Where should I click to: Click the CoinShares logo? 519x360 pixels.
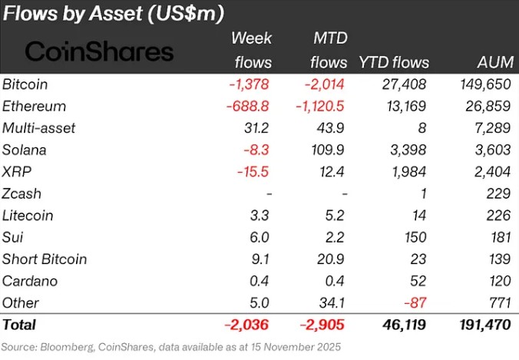tap(99, 51)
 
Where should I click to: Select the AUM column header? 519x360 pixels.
tap(493, 62)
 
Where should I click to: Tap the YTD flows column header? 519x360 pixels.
tap(394, 62)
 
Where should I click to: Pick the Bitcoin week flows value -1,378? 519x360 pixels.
tap(250, 85)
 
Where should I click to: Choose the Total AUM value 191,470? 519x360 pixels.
tap(484, 325)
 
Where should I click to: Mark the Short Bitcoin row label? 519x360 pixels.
tap(45, 259)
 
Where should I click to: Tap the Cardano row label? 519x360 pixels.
tap(28, 281)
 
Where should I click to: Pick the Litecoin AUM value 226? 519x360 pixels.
tap(498, 216)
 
